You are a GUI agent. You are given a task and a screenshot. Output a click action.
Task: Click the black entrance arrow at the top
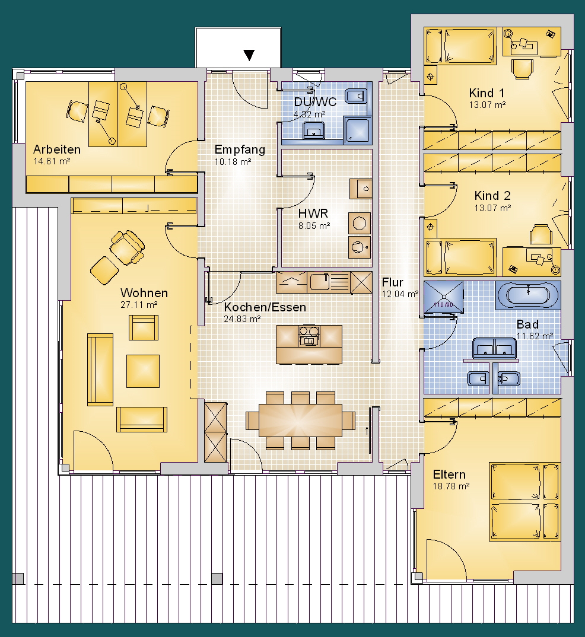pyautogui.click(x=249, y=55)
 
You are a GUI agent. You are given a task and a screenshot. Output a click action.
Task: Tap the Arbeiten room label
pyautogui.click(x=57, y=149)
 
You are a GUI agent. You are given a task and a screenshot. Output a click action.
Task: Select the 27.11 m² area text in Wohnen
pyautogui.click(x=138, y=305)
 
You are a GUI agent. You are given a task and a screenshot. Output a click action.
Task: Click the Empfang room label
pyautogui.click(x=240, y=150)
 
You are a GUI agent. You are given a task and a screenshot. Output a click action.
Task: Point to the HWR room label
pyautogui.click(x=313, y=214)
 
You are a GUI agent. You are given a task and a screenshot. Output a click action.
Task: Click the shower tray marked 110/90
pyautogui.click(x=443, y=297)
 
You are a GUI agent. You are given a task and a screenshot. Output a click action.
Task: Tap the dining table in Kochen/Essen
pyautogui.click(x=300, y=420)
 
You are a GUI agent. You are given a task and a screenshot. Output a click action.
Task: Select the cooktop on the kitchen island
pyautogui.click(x=309, y=336)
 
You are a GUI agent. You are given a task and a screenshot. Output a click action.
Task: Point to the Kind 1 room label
pyautogui.click(x=487, y=93)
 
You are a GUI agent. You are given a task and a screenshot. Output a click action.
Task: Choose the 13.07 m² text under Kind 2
pyautogui.click(x=492, y=208)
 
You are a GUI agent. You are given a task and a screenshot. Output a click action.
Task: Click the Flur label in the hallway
pyautogui.click(x=392, y=282)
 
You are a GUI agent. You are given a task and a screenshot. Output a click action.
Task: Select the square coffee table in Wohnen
pyautogui.click(x=143, y=371)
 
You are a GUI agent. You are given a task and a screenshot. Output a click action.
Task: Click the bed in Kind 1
pyautogui.click(x=470, y=46)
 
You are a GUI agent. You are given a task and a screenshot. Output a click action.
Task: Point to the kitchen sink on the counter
pyautogui.click(x=320, y=282)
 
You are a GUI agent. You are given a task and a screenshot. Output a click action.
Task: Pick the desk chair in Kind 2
pyautogui.click(x=541, y=234)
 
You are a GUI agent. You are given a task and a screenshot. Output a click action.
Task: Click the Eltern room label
pyautogui.click(x=449, y=474)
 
